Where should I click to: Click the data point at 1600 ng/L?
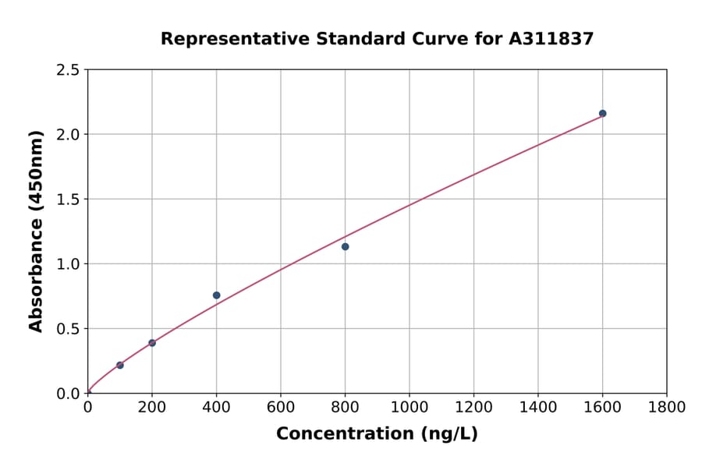point(602,114)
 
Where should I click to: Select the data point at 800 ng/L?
point(345,247)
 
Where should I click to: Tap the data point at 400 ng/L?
point(216,295)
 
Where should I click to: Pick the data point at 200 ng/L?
point(152,343)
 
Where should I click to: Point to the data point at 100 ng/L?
point(119,365)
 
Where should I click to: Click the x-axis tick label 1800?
point(667,408)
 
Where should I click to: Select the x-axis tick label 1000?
point(409,408)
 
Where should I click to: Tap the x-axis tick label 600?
point(281,408)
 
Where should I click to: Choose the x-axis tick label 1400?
point(538,408)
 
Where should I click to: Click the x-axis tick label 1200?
point(473,408)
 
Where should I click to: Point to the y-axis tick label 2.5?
point(69,70)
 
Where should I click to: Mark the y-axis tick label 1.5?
point(69,200)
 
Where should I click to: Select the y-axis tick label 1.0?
point(69,264)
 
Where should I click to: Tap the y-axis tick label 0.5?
point(69,329)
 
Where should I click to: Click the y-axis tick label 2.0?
point(69,135)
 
